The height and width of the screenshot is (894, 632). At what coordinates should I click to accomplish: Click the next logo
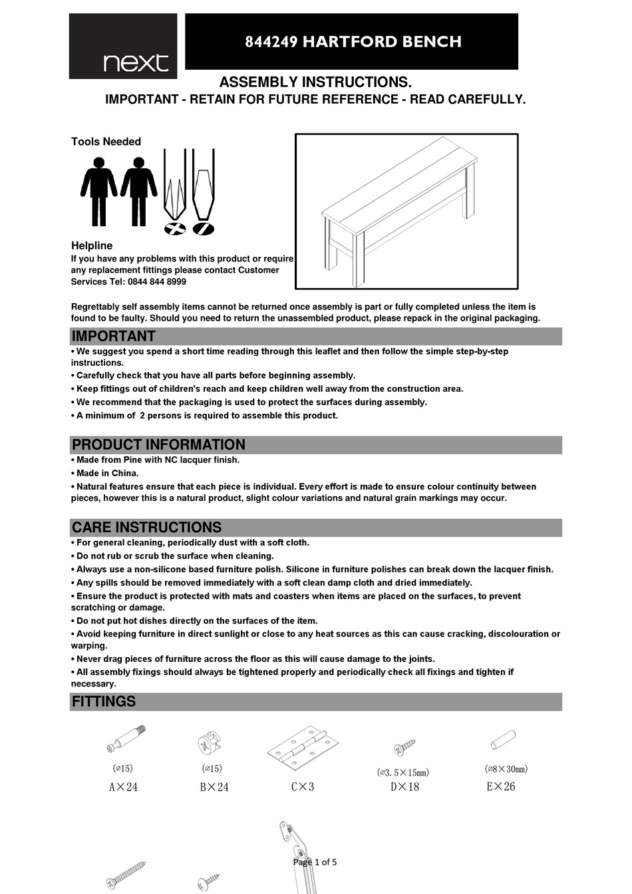pyautogui.click(x=124, y=47)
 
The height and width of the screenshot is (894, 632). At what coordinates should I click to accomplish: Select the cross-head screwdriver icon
pyautogui.click(x=176, y=193)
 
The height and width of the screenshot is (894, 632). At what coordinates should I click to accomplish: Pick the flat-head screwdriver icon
pyautogui.click(x=204, y=193)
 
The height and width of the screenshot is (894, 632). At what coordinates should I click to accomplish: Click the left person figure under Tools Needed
pyautogui.click(x=98, y=191)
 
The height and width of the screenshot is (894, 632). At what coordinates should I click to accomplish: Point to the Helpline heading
pyautogui.click(x=92, y=245)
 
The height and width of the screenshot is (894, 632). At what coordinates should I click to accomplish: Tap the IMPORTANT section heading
pyautogui.click(x=113, y=336)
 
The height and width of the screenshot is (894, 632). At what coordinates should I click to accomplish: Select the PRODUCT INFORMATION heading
pyautogui.click(x=158, y=444)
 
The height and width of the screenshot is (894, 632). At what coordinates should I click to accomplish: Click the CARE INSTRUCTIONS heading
pyautogui.click(x=146, y=527)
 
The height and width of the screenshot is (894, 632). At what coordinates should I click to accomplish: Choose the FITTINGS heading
pyautogui.click(x=104, y=702)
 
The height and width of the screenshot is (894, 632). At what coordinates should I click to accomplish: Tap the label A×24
pyautogui.click(x=123, y=787)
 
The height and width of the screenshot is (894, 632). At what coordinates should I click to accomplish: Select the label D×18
pyautogui.click(x=404, y=787)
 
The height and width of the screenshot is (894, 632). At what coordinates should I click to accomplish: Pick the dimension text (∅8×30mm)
pyautogui.click(x=506, y=769)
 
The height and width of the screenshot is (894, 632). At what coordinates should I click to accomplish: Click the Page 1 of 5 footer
pyautogui.click(x=315, y=862)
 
